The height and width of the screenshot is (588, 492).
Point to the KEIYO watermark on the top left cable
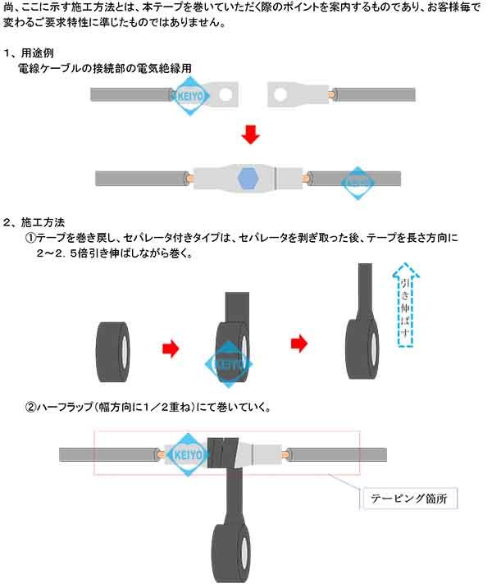coord(191,95)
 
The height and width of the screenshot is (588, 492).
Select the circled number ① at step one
coord(30,238)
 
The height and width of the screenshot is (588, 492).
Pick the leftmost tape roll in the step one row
coord(115,349)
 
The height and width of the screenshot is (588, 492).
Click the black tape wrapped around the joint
coord(225,453)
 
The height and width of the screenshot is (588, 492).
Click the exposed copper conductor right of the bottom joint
coord(285,454)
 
